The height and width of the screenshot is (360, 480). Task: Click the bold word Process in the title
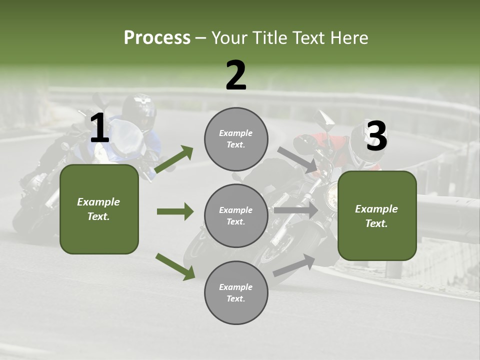pyautogui.click(x=157, y=38)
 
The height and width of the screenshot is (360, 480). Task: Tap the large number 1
pyautogui.click(x=99, y=128)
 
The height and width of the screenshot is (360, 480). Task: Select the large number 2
pyautogui.click(x=236, y=75)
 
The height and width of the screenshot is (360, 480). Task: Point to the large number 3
pyautogui.click(x=376, y=136)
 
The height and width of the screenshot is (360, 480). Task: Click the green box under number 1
pyautogui.click(x=99, y=209)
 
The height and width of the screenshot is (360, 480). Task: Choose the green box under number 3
pyautogui.click(x=377, y=215)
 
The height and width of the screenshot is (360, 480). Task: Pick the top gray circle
pyautogui.click(x=236, y=139)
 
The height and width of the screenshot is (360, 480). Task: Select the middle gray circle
pyautogui.click(x=236, y=215)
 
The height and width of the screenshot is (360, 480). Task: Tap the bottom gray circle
pyautogui.click(x=236, y=292)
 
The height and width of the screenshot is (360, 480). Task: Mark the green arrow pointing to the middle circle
pyautogui.click(x=175, y=211)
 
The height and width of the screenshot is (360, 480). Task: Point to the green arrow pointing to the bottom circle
pyautogui.click(x=175, y=266)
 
